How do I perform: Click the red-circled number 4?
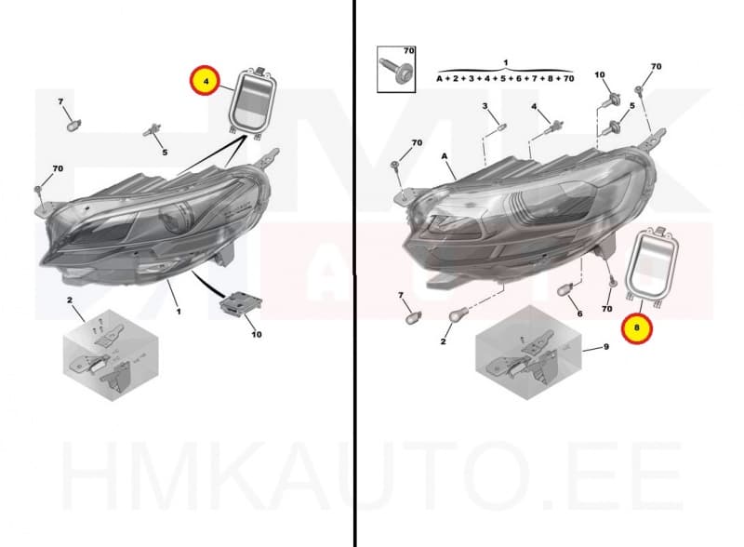205,82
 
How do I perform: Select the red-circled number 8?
637,327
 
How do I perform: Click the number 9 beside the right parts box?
605,347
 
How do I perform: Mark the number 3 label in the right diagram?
485,107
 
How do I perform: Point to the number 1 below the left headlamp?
178,311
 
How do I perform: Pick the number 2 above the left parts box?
70,300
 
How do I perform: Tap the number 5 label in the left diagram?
165,152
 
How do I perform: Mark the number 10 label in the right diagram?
599,74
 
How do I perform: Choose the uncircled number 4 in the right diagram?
534,107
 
